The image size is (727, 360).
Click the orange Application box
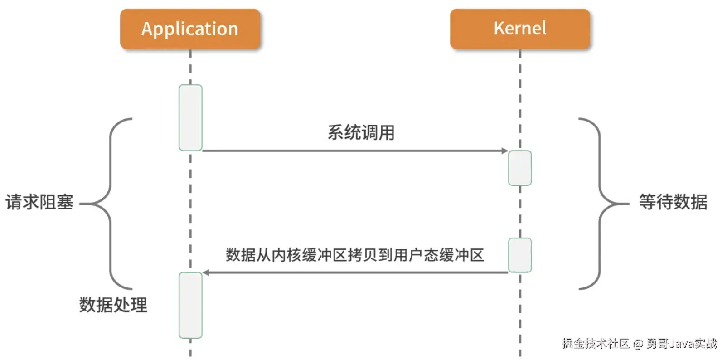pyautogui.click(x=190, y=29)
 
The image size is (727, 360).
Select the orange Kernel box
pyautogui.click(x=520, y=29)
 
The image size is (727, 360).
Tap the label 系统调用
pyautogui.click(x=361, y=132)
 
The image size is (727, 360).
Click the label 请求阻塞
pyautogui.click(x=39, y=202)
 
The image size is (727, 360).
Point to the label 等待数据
pyautogui.click(x=673, y=202)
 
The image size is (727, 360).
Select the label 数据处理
pyautogui.click(x=113, y=305)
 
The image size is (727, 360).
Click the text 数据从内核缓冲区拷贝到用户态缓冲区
pyautogui.click(x=354, y=255)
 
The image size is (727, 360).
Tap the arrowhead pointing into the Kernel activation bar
pyautogui.click(x=504, y=151)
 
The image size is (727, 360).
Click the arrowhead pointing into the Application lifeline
pyautogui.click(x=206, y=272)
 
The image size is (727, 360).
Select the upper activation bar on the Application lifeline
pyautogui.click(x=190, y=117)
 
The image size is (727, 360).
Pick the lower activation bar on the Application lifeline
pyautogui.click(x=190, y=305)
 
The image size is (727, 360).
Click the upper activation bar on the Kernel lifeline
pyautogui.click(x=520, y=168)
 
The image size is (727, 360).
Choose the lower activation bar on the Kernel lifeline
pyautogui.click(x=520, y=255)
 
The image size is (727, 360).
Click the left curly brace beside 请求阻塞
pyautogui.click(x=110, y=204)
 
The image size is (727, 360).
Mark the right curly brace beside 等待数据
pyautogui.click(x=600, y=204)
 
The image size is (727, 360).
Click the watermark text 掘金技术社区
pyautogui.click(x=596, y=343)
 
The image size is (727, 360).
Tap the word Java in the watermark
pyautogui.click(x=681, y=344)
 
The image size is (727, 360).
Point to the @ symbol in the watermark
pyautogui.click(x=638, y=344)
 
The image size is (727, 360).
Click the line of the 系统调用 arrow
pyautogui.click(x=354, y=151)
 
